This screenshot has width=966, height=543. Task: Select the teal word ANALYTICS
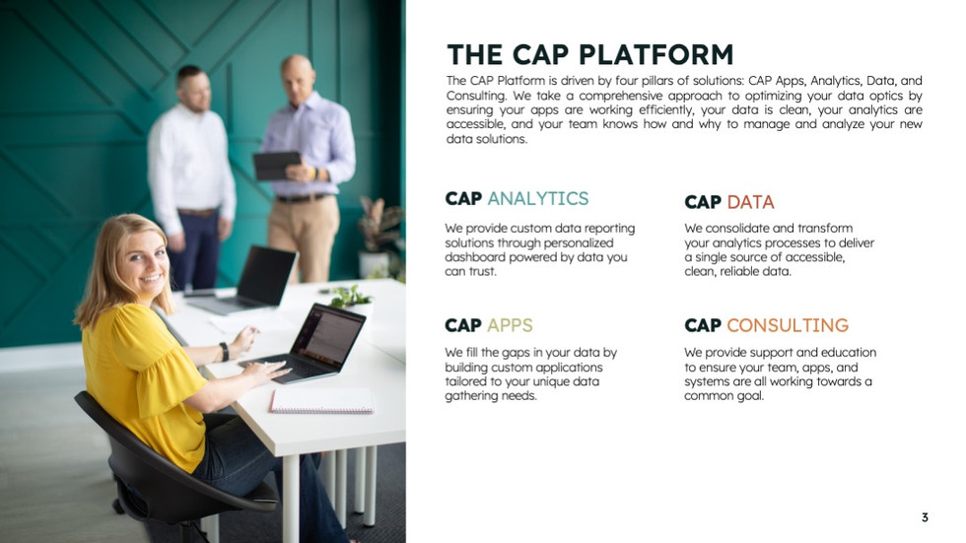coord(538,198)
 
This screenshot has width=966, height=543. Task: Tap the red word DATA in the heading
coord(750,202)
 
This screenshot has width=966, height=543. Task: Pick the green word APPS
coord(511,325)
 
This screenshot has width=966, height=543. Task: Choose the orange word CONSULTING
coord(788,325)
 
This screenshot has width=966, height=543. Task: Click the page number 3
coord(925,517)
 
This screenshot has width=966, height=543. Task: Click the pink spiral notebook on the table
coord(321,401)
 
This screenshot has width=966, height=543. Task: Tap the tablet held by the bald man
coord(277,165)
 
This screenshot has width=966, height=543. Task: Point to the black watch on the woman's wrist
coord(225,352)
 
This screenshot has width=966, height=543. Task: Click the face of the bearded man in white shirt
coord(196,92)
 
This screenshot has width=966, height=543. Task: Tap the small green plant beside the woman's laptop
coord(350,298)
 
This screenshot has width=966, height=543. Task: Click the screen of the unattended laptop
coord(266,276)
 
